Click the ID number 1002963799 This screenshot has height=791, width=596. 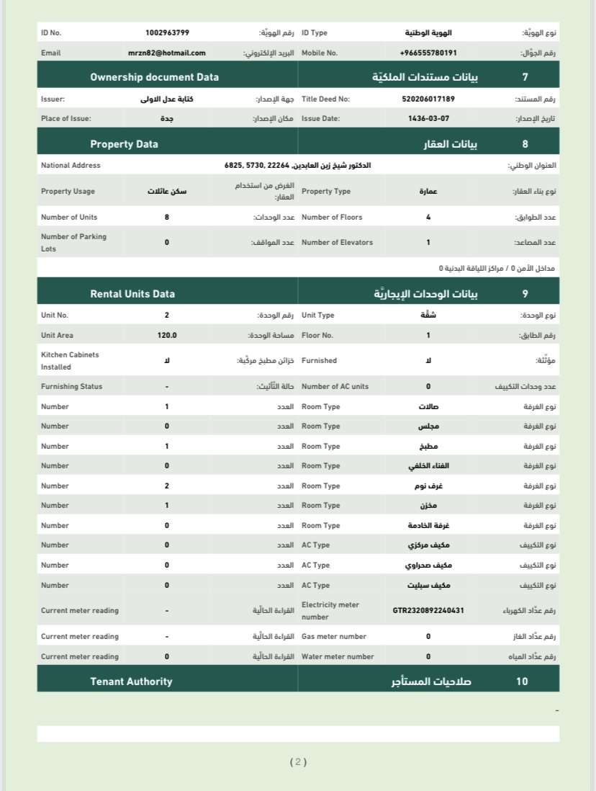(x=167, y=33)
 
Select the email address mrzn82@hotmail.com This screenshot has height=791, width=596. (x=167, y=53)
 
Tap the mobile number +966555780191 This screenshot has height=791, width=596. (x=428, y=53)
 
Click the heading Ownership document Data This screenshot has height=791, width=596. (x=154, y=77)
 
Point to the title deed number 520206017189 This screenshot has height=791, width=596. (x=428, y=99)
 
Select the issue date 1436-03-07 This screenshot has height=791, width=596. (x=428, y=119)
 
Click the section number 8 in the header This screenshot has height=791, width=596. (x=525, y=144)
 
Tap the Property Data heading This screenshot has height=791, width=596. (x=124, y=144)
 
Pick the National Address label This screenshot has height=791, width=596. (x=71, y=166)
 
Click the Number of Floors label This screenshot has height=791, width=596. (x=332, y=218)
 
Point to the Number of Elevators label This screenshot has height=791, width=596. (x=337, y=243)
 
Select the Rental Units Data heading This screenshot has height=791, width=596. (x=132, y=294)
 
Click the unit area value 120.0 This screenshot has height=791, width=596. (x=167, y=336)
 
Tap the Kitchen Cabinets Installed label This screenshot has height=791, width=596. (x=70, y=361)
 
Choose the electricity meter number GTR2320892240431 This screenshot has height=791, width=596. (x=428, y=611)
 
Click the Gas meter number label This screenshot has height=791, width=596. (x=334, y=637)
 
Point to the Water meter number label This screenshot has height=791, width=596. (x=338, y=657)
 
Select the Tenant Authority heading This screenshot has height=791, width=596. (x=131, y=681)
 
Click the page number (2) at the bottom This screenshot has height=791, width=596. (x=298, y=761)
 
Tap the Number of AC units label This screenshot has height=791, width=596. (x=335, y=387)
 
